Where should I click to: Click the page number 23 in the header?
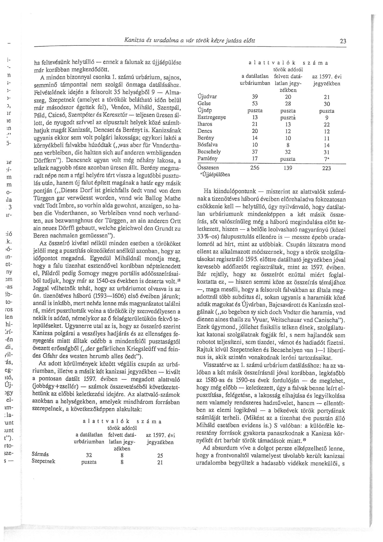343,41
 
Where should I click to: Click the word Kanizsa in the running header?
133,40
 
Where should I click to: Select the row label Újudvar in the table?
207,97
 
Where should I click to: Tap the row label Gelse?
204,104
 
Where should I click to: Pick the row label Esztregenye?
211,117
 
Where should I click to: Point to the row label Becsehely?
209,152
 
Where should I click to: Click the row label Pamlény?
207,159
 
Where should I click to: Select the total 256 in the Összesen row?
255,168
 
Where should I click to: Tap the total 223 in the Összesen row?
326,168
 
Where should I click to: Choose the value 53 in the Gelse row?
255,104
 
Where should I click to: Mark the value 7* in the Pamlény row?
327,159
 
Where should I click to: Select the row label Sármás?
40,454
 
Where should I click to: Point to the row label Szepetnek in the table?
43,461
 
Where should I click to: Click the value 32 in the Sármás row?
89,455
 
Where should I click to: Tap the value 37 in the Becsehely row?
255,152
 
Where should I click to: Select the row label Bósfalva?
207,145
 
